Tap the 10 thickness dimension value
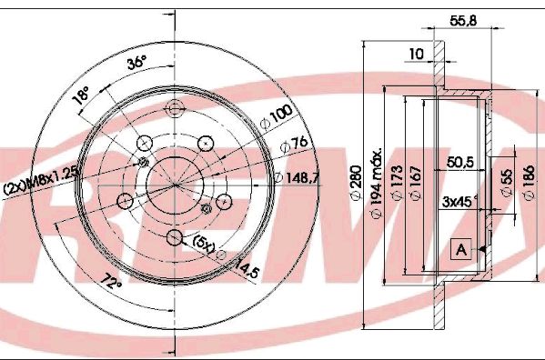coord(416,54)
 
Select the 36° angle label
coord(136,65)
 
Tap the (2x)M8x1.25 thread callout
coord(40,186)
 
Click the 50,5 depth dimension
coord(462,165)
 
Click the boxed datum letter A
coord(461,249)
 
